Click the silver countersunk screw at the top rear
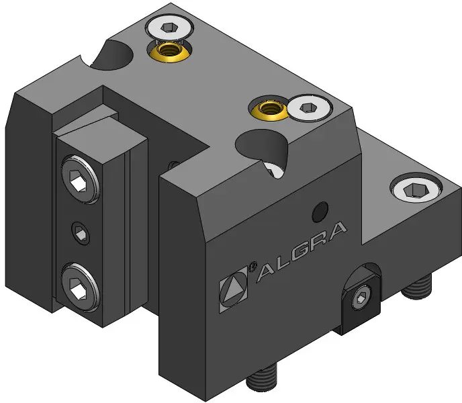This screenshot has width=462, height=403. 169,28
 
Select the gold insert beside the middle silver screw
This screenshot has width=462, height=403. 269,109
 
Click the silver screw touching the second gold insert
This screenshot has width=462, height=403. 310,107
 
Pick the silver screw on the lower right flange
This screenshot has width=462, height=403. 416,189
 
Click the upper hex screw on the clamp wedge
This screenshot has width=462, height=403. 80,179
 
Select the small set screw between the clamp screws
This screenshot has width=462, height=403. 81,233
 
